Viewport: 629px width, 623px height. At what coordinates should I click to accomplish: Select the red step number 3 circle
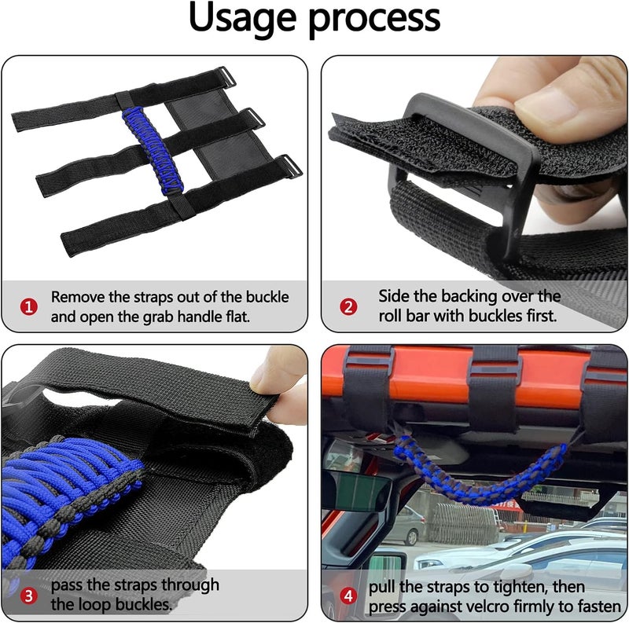point(28,596)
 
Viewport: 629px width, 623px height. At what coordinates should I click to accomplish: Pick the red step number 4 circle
point(349,596)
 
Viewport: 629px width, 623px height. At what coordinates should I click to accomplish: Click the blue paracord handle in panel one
point(153,148)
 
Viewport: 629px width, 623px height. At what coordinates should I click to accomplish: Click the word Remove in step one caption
point(78,297)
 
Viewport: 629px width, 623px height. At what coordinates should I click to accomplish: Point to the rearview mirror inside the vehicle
point(358,492)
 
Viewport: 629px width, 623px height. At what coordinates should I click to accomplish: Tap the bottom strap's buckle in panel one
point(286,167)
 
